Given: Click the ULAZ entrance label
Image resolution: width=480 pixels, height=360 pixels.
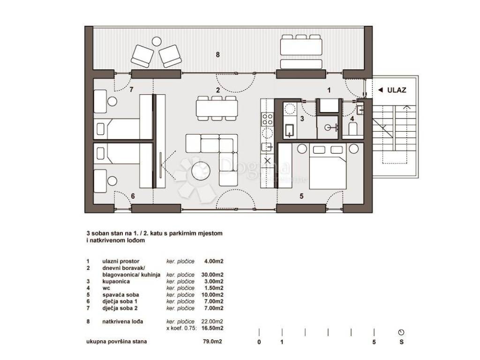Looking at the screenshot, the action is point(397,90).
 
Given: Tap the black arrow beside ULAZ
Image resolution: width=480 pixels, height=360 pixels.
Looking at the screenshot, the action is point(381,90).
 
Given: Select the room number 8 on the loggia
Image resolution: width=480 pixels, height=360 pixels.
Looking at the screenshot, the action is point(217,55).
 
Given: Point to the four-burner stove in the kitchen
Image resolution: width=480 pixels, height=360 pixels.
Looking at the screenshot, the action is point(267,119).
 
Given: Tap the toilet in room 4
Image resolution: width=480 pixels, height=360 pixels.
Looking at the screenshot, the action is point(352,128).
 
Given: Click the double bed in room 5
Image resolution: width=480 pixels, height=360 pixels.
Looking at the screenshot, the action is point(328,167).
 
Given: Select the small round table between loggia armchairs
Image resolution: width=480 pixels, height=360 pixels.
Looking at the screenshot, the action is point(157,41).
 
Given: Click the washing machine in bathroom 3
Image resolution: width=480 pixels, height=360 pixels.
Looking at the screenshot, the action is point(290,109).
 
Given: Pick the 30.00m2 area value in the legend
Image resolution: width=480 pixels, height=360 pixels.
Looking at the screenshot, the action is point(212,275).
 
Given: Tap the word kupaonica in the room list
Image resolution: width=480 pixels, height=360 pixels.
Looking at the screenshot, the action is point(116,281).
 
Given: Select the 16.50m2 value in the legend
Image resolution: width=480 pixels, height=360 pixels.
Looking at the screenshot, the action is point(212,328).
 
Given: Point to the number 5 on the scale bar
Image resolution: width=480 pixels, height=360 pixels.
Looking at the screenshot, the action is point(374,342).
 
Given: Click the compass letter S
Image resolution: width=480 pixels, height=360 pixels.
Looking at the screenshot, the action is point(401,342).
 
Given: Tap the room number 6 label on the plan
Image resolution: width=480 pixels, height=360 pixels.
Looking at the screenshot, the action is point(133,196).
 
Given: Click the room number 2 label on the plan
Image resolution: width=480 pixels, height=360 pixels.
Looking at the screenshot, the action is point(218,90).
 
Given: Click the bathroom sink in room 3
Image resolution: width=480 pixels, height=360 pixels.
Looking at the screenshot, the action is point(290,130).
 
